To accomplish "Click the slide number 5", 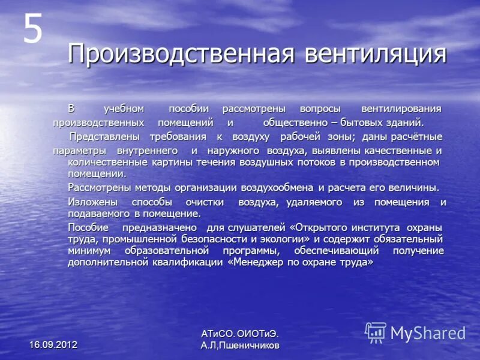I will pos(32,29).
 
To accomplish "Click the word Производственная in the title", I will pos(181,53).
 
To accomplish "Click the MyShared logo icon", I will pos(376,332).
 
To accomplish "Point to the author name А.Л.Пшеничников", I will pos(240,346).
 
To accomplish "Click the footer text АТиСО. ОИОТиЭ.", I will pos(240,334).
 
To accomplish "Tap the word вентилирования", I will pos(401,109).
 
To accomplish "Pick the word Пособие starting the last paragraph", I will pos(88,227).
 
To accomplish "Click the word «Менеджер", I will pos(258,262).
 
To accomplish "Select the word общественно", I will pos(291,122).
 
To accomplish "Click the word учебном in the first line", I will pos(124,109).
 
